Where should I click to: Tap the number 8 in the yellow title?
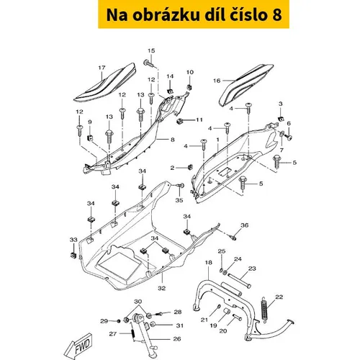click(277, 14)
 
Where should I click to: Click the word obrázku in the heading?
click(166, 14)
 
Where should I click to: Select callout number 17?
click(102, 68)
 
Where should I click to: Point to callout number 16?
click(217, 81)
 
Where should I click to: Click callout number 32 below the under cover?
click(162, 288)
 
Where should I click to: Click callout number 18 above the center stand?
click(209, 262)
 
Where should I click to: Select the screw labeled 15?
click(149, 63)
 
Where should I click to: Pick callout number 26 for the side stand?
click(177, 339)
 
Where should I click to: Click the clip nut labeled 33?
click(73, 256)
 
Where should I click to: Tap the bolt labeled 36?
click(233, 238)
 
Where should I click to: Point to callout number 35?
click(179, 200)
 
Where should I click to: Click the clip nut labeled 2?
click(190, 167)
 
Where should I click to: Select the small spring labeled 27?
click(132, 333)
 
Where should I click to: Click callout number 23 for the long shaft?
click(252, 269)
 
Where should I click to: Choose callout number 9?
click(90, 122)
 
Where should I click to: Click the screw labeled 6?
click(289, 138)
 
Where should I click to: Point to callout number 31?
click(180, 325)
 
